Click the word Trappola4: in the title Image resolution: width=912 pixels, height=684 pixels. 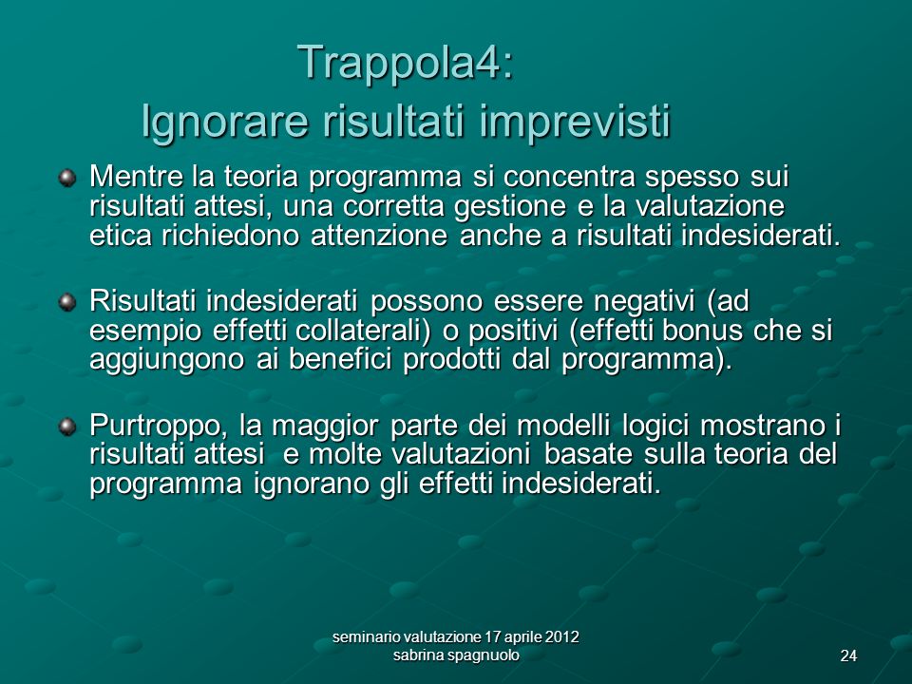[x=406, y=63]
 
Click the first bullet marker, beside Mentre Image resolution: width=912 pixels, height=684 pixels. [x=67, y=178]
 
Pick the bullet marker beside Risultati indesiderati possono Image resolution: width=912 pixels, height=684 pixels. [x=67, y=302]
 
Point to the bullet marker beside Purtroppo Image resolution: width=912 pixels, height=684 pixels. [x=67, y=427]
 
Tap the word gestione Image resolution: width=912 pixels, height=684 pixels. [x=509, y=207]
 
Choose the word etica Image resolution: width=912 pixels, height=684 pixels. [x=121, y=236]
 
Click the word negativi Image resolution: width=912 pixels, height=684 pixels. [x=646, y=301]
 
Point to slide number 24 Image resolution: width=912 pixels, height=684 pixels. [x=848, y=656]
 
